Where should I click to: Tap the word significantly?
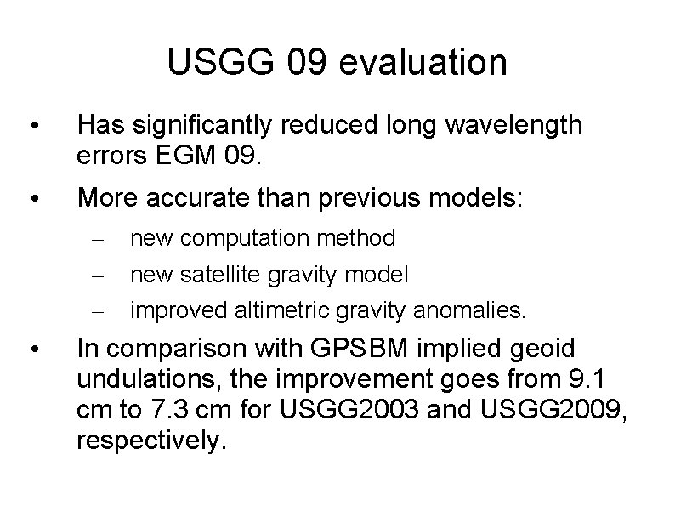point(201,127)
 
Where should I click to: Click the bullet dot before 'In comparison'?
point(31,350)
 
